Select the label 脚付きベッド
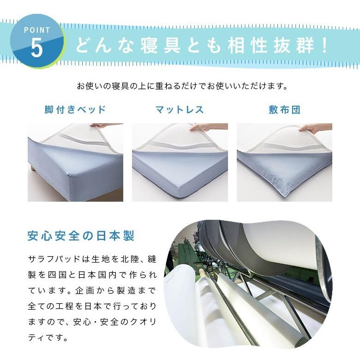pos(75,110)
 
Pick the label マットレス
pos(180,110)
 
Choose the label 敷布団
pos(284,110)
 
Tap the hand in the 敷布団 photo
pos(314,128)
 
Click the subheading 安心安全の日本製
pos(81,236)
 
